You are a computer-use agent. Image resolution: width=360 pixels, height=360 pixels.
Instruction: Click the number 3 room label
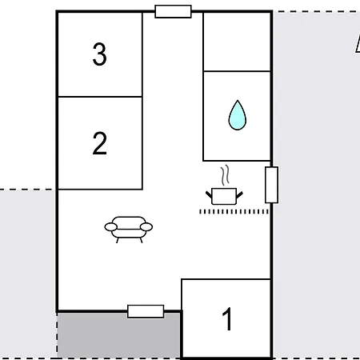tap(99, 55)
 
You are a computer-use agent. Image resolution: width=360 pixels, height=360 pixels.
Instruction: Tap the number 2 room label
tap(99, 143)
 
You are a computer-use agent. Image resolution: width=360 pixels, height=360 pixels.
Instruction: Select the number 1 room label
tap(227, 319)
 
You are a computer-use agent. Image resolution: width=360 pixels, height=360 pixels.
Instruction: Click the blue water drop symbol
tap(237, 115)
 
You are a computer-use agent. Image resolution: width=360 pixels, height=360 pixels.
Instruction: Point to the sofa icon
tap(128, 229)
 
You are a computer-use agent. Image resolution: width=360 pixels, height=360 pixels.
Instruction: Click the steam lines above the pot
tap(227, 174)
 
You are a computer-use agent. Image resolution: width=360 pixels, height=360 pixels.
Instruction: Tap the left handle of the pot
tap(209, 190)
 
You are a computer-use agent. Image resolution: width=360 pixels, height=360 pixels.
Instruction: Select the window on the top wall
tap(173, 11)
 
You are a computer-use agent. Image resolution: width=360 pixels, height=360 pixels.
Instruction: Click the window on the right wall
tap(271, 185)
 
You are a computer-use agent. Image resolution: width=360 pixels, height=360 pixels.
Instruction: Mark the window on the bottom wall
tap(146, 311)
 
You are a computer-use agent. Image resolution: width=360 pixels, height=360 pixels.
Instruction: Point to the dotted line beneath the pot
tap(234, 211)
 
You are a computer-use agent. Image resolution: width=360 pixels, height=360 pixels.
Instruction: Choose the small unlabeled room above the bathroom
tap(237, 42)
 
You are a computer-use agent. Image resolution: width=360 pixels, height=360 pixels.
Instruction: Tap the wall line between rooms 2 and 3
tap(99, 97)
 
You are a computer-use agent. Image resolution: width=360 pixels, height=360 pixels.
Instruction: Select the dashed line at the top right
tap(316, 11)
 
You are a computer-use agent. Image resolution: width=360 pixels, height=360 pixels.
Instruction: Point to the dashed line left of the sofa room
tap(28, 190)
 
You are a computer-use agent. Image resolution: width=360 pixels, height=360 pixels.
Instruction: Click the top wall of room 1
tap(226, 279)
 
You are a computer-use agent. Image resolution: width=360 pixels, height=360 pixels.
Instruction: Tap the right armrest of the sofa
tap(147, 227)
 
